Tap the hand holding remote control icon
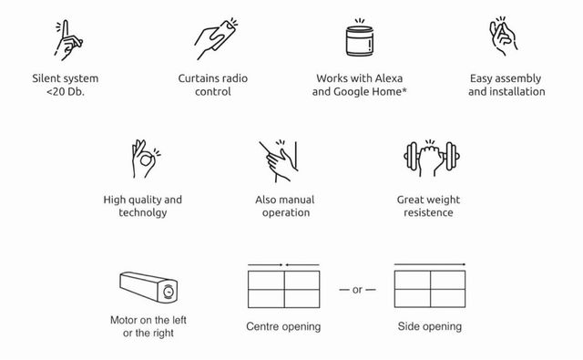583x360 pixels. click(x=216, y=39)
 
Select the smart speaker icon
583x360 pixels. click(x=360, y=38)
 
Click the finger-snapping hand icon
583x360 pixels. click(x=503, y=37)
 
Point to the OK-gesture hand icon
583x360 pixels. click(x=145, y=159)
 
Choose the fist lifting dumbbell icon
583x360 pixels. click(x=431, y=158)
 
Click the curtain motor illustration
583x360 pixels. click(x=148, y=287)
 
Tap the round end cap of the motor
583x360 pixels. click(x=169, y=292)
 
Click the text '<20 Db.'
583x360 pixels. click(x=66, y=91)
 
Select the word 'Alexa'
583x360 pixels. click(x=389, y=78)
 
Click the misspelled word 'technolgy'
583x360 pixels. click(x=143, y=212)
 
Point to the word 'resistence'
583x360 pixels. click(x=428, y=212)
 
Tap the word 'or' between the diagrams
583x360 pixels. click(x=357, y=290)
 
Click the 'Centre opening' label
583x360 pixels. click(x=283, y=326)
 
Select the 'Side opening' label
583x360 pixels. click(x=430, y=326)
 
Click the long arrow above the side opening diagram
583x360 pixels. click(x=430, y=264)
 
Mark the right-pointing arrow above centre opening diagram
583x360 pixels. click(x=265, y=265)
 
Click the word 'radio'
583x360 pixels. click(x=234, y=78)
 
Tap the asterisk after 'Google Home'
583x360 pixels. click(x=404, y=89)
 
